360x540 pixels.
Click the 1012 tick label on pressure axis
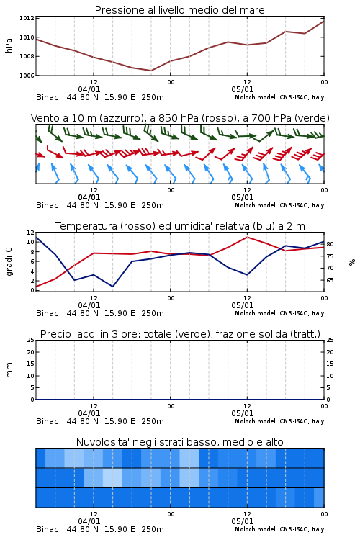click(x=27, y=18)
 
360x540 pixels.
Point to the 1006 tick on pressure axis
click(x=27, y=76)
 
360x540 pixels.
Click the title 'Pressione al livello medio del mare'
click(x=179, y=10)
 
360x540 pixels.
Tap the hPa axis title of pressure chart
click(x=9, y=45)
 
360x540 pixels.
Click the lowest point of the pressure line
click(x=151, y=71)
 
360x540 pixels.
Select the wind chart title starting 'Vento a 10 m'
click(x=180, y=118)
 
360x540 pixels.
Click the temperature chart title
click(x=179, y=226)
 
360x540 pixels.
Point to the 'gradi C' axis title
click(x=9, y=261)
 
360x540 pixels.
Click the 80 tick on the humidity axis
click(x=330, y=244)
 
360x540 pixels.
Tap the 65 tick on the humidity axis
click(x=330, y=280)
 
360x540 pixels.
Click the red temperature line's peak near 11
click(x=247, y=237)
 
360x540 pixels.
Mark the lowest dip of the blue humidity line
click(x=112, y=287)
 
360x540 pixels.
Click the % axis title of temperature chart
click(x=352, y=262)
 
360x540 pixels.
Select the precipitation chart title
click(x=180, y=334)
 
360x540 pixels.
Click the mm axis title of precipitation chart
click(x=9, y=370)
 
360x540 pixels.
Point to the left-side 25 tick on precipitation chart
click(x=31, y=341)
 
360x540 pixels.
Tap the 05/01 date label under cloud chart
click(x=243, y=521)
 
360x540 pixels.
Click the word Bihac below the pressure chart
click(x=48, y=97)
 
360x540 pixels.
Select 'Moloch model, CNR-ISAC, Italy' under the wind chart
click(x=279, y=205)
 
